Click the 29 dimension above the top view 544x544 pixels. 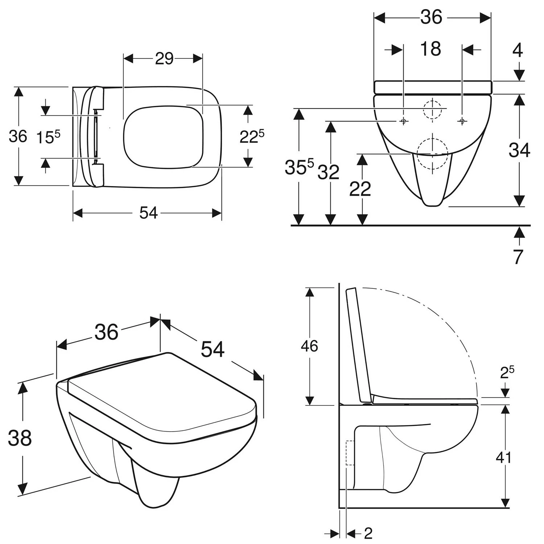click(x=164, y=59)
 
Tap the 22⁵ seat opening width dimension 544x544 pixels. click(x=252, y=136)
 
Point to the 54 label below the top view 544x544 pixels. click(x=149, y=213)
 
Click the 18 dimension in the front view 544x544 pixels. click(x=431, y=49)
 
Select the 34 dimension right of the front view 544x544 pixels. click(x=519, y=150)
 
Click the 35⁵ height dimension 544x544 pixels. click(x=299, y=167)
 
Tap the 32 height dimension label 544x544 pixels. click(x=329, y=172)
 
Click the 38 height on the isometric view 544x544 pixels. click(x=20, y=438)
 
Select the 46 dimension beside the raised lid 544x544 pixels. click(x=309, y=346)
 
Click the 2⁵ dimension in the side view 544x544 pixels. click(x=507, y=372)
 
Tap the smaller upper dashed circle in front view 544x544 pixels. click(x=432, y=108)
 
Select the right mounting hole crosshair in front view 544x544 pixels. click(x=462, y=121)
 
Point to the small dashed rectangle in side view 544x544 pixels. click(x=350, y=453)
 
